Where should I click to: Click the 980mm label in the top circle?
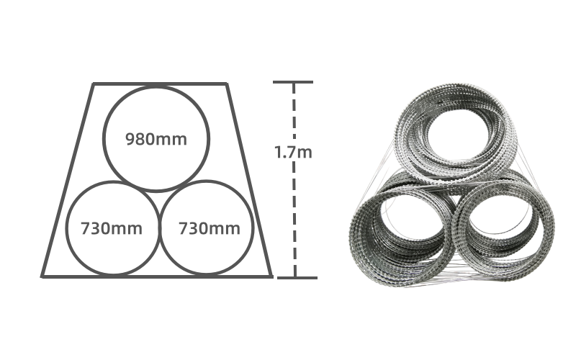point(156,139)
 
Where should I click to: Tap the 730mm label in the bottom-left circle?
point(112,228)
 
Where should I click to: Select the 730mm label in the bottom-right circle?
point(210,228)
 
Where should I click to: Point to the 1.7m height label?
point(293,152)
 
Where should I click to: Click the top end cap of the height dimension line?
point(293,82)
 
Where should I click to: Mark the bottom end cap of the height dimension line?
point(297,278)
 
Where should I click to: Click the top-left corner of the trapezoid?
point(94,84)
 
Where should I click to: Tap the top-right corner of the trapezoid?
point(227,84)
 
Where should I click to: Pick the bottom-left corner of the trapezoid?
point(42,276)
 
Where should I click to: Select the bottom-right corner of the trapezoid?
point(272,276)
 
